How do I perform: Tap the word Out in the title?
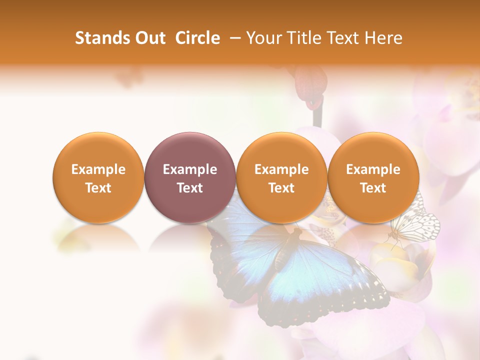coord(148,38)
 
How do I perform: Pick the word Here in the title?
coord(383,38)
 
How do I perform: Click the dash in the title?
coord(233,38)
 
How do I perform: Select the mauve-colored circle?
coord(189,177)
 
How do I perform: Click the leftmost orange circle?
coord(98,177)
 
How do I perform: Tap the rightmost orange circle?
coord(373,177)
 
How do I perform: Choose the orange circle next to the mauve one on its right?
coord(281,177)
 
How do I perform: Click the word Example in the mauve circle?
coord(190,169)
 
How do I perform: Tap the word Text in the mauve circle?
coord(190,188)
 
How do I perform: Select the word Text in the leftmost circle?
coord(98,188)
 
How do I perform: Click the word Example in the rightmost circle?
coord(373,169)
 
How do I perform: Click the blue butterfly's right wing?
coord(325,280)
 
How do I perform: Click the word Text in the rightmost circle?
coord(373,188)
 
